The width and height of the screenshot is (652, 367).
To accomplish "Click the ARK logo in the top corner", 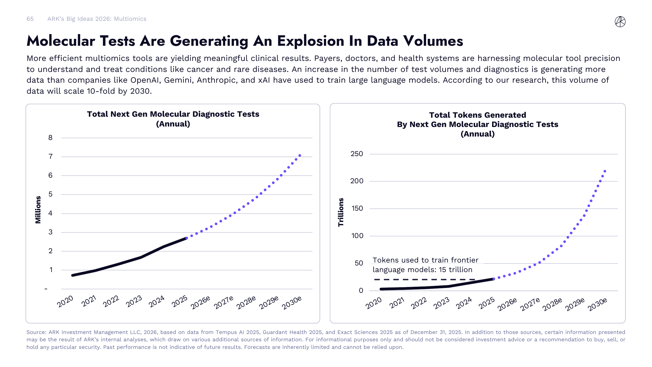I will (620, 22).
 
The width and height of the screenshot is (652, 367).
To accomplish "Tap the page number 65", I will (30, 19).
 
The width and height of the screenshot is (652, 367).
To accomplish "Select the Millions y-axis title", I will (38, 210).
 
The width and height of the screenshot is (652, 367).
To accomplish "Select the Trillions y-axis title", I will (341, 212).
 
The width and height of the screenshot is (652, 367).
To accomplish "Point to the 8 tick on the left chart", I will (50, 138).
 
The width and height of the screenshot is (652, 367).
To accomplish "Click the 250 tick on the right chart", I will (356, 154).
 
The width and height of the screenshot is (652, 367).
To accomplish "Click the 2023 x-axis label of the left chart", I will (134, 301).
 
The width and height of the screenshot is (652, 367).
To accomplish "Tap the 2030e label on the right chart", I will (597, 304).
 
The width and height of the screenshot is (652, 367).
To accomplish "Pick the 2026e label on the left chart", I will (200, 302).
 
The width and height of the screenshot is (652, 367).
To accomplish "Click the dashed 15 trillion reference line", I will (425, 280).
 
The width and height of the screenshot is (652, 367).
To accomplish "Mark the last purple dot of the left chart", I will (300, 156).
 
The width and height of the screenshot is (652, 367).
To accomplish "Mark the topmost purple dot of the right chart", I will (605, 172).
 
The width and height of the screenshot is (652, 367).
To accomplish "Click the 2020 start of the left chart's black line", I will (73, 275).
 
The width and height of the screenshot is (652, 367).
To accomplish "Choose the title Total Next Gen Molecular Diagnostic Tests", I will (173, 114).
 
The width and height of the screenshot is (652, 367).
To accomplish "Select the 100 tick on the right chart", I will (357, 236).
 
